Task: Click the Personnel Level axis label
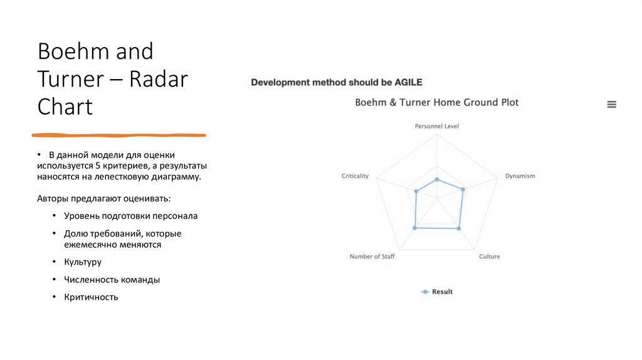coord(436,126)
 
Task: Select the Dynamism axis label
coord(520,176)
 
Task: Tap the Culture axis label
coord(489,257)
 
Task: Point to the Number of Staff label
coord(372,257)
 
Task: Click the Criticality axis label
coord(355,176)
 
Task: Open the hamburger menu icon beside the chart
coord(611,105)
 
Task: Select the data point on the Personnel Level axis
coord(437,179)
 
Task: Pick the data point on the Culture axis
coord(459,228)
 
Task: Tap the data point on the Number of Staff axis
coord(414,228)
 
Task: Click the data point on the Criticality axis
coord(416,191)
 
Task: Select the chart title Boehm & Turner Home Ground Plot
coord(436,102)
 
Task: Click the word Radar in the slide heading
coord(159,79)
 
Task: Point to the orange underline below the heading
coord(119,135)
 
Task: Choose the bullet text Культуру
coord(82,262)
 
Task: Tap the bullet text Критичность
coord(91,297)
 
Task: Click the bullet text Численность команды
coord(112,280)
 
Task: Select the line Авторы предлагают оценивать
coord(103,198)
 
